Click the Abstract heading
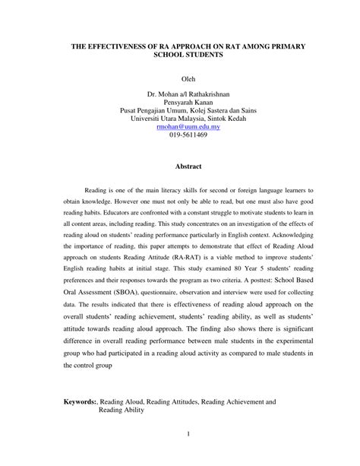(188, 166)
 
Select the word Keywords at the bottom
(81, 399)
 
